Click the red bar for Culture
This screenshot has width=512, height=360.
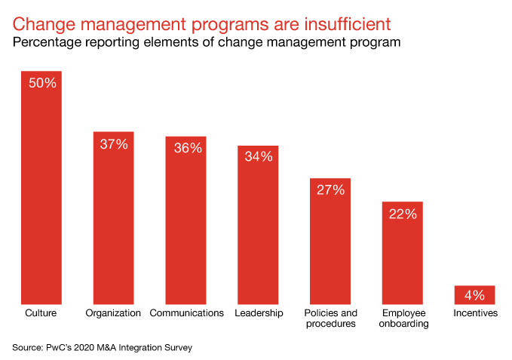tap(41, 196)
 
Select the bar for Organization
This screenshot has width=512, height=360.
tap(113, 226)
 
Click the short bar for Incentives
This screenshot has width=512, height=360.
tap(475, 296)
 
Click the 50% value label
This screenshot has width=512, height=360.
tap(41, 83)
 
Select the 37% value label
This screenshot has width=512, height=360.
tap(113, 144)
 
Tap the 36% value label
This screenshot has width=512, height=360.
tap(185, 149)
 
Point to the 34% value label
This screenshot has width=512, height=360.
tap(258, 157)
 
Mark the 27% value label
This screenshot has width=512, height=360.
tap(330, 190)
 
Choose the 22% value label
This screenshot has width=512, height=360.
tap(403, 214)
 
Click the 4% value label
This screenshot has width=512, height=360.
tap(475, 294)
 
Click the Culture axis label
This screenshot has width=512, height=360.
tap(41, 312)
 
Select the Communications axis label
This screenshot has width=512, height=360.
tap(186, 312)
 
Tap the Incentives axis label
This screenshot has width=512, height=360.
tap(475, 312)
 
